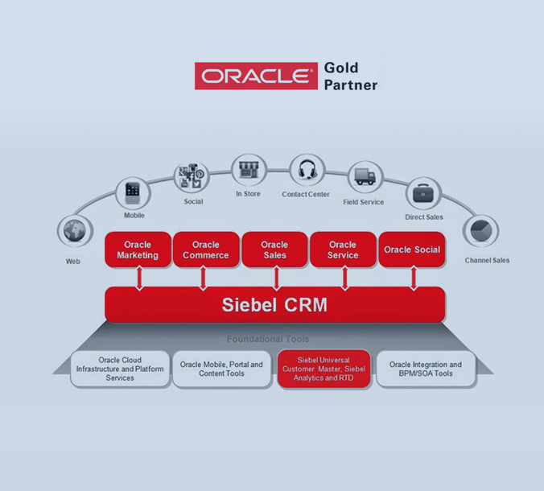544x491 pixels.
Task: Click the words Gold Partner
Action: click(x=350, y=76)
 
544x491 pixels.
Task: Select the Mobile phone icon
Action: click(x=133, y=193)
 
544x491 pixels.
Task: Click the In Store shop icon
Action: click(x=248, y=170)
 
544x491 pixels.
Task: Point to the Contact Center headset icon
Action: click(x=307, y=171)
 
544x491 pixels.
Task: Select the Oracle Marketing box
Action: click(x=138, y=250)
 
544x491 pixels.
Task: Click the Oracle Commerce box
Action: click(x=205, y=250)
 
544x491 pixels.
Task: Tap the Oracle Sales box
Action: click(x=274, y=250)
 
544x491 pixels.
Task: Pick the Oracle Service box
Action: click(x=342, y=250)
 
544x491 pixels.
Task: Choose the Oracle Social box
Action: click(x=411, y=250)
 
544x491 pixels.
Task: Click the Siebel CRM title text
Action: click(x=274, y=306)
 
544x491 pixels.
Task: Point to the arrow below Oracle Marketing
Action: click(x=139, y=278)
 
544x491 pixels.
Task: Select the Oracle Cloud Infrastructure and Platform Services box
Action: click(x=120, y=369)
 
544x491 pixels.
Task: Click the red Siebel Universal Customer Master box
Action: click(x=324, y=369)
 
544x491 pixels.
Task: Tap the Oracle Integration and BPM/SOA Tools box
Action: click(x=426, y=369)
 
